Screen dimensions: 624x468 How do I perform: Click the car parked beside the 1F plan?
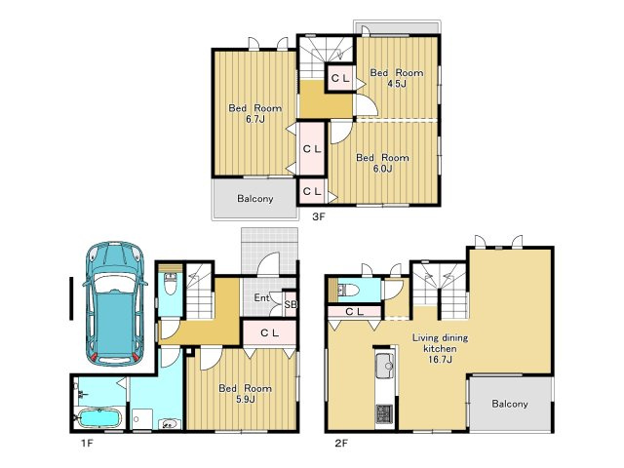(x=115, y=303)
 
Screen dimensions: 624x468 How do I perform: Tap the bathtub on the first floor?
(x=98, y=418)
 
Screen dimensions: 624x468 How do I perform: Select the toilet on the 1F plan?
(x=171, y=284)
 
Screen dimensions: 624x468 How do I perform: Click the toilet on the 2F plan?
(x=349, y=290)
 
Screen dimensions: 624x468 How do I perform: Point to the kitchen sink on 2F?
(x=384, y=366)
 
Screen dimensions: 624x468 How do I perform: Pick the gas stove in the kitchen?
(x=384, y=413)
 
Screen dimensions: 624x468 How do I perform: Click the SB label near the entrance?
(x=291, y=304)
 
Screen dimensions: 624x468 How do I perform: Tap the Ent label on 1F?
(x=261, y=297)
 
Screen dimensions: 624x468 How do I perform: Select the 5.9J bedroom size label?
(x=245, y=399)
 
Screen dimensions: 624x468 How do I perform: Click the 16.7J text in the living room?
(x=440, y=360)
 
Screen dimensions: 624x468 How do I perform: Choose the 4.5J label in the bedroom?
(x=397, y=84)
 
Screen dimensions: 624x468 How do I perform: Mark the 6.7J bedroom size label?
(x=255, y=119)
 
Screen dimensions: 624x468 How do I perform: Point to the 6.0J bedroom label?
(x=382, y=169)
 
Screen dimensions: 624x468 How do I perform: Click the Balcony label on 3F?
(x=255, y=198)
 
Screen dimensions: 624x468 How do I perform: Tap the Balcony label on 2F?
(x=510, y=404)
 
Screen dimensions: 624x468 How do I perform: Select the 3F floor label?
(x=319, y=216)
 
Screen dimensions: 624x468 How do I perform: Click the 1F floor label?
(x=87, y=443)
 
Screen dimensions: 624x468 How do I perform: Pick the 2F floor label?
(x=341, y=443)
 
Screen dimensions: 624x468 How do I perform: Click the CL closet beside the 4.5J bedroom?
(x=340, y=78)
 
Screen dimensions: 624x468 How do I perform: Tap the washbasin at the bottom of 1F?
(x=169, y=424)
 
